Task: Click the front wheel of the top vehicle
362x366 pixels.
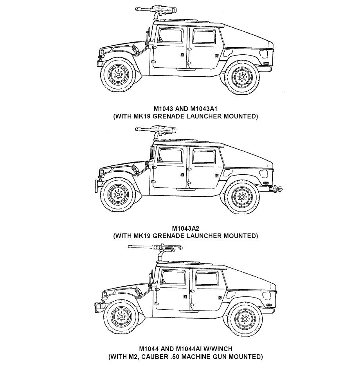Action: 118,75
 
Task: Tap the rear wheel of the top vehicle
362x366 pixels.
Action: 241,77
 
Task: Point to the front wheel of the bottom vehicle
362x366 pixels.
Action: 121,317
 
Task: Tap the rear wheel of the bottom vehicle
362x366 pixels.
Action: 245,319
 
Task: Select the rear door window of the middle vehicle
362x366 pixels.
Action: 204,157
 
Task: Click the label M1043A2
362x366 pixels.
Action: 186,228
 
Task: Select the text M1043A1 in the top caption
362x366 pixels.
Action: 204,109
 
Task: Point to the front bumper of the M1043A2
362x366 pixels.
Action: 96,187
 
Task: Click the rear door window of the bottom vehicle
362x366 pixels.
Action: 207,278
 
